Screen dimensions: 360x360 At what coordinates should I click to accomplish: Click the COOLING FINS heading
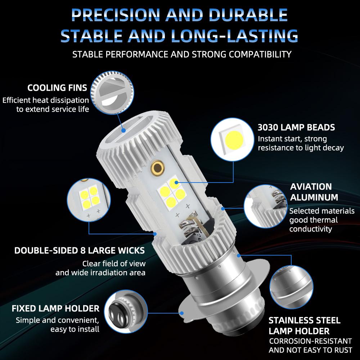[x=57, y=88]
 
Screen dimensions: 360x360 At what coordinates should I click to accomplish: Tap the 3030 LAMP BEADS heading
[x=296, y=127]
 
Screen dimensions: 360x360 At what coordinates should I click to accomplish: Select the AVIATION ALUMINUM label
[x=314, y=192]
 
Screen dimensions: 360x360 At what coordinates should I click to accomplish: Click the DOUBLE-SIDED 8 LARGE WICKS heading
[x=80, y=250]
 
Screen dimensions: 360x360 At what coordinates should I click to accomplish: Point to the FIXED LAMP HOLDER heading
[x=55, y=309]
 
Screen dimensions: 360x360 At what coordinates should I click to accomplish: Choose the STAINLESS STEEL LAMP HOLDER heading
[x=304, y=325]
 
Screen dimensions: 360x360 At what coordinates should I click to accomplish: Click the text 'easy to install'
[x=75, y=329]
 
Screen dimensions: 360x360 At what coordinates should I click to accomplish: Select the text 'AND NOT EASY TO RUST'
[x=311, y=350]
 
